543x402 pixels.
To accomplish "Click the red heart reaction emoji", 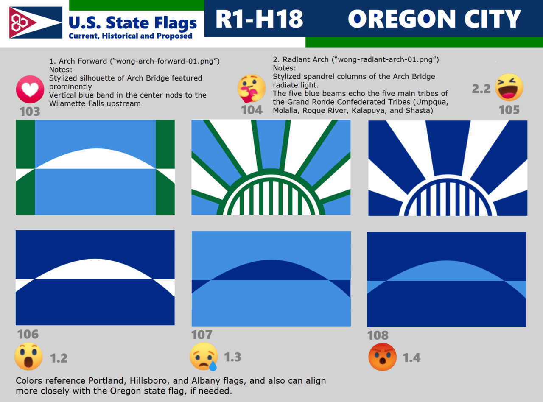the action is [x=30, y=89].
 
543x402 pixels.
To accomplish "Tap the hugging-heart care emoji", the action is [x=251, y=88].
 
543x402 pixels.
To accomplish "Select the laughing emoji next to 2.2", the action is [x=509, y=87].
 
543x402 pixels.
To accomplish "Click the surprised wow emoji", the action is [x=28, y=356].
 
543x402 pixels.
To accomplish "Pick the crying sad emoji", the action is [x=204, y=357].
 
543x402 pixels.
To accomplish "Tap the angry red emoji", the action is [x=382, y=357].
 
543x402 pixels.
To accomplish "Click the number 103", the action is [x=30, y=112].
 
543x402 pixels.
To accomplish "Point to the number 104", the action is [x=252, y=110].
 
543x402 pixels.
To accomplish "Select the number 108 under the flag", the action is [x=378, y=335].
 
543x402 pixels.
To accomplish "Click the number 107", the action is [x=202, y=335].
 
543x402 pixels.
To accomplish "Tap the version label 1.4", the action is [x=412, y=358].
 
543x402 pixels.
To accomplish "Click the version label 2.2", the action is [x=481, y=89].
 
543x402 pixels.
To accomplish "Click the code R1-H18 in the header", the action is [x=259, y=19].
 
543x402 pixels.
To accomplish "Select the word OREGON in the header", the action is [x=402, y=19].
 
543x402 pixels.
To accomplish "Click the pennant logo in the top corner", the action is [x=36, y=22].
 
